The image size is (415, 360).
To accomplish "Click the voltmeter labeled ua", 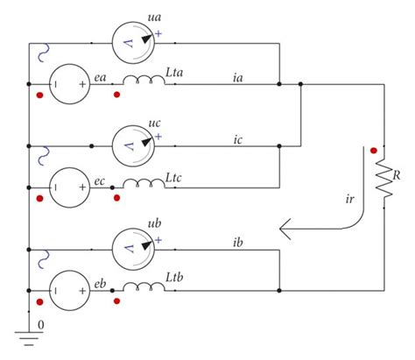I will (x=135, y=40).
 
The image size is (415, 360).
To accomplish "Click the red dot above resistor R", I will (x=373, y=148).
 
